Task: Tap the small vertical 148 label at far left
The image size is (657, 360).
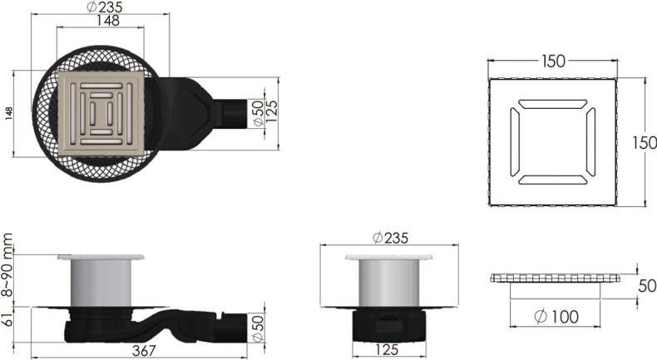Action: point(9,112)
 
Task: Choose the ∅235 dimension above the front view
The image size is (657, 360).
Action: point(390,239)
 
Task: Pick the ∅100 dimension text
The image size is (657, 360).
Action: point(555,317)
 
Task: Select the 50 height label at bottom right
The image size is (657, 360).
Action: point(646,286)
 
